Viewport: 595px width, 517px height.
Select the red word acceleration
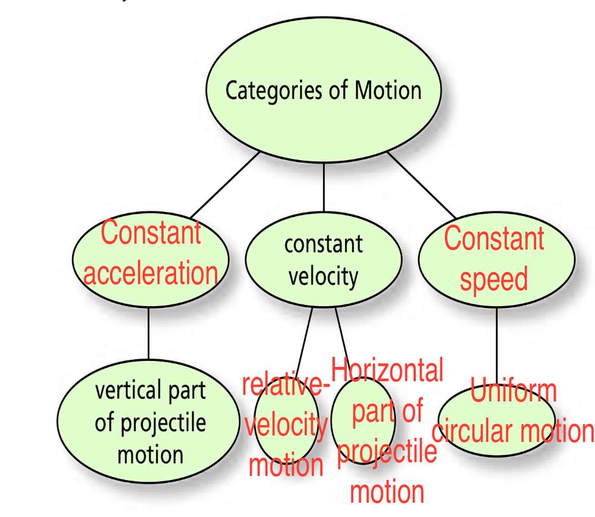point(151,273)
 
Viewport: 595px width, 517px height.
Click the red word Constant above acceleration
point(151,232)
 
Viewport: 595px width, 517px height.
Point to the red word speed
point(494,278)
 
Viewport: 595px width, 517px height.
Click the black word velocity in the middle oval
point(323,276)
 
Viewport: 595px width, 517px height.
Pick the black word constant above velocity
point(323,244)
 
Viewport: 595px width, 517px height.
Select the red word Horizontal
point(387,370)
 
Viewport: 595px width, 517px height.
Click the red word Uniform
point(513,392)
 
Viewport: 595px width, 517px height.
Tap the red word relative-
point(286,385)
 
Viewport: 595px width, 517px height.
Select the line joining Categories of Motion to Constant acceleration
point(225,185)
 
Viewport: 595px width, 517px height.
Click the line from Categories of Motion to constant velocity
point(324,188)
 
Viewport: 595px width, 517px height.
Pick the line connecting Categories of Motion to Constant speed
point(421,185)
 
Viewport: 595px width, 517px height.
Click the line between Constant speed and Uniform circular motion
point(496,345)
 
